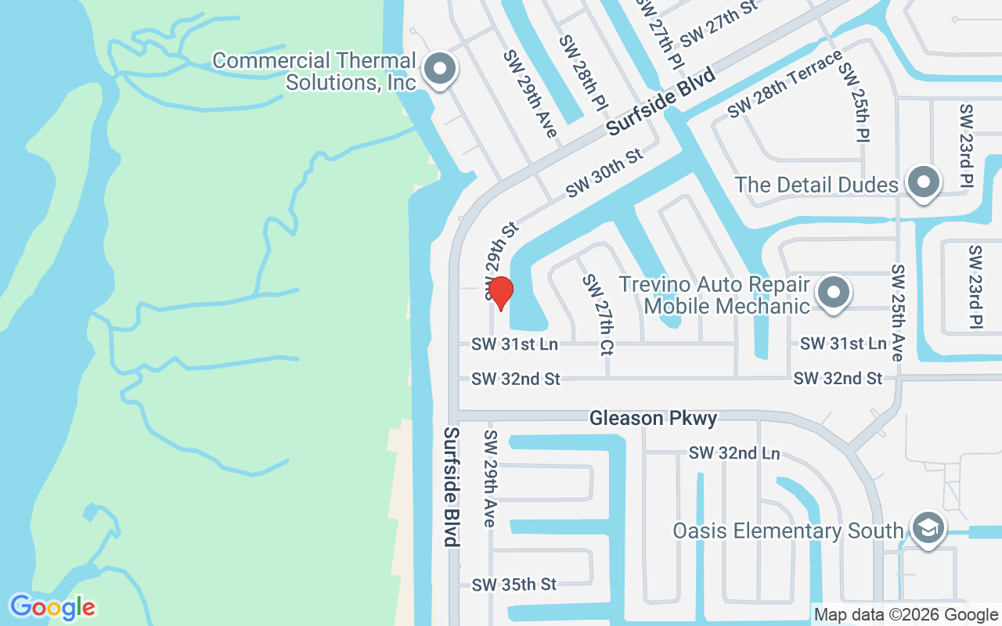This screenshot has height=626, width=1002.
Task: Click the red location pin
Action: pyautogui.click(x=500, y=293)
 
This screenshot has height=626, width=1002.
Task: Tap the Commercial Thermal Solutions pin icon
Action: pyautogui.click(x=440, y=70)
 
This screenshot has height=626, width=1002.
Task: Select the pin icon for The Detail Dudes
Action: pyautogui.click(x=924, y=182)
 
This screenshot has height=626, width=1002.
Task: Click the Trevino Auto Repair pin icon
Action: pyautogui.click(x=834, y=293)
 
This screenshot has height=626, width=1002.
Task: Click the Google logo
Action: pyautogui.click(x=52, y=607)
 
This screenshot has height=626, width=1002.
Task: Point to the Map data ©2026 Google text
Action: pyautogui.click(x=906, y=615)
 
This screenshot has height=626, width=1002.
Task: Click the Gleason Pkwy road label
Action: pyautogui.click(x=653, y=419)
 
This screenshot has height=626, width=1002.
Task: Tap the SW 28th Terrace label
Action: pyautogui.click(x=784, y=84)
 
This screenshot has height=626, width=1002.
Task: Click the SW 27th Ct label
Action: pyautogui.click(x=596, y=315)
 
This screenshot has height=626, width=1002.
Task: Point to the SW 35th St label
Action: pyautogui.click(x=514, y=585)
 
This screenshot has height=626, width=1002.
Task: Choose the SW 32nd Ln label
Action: pyautogui.click(x=734, y=453)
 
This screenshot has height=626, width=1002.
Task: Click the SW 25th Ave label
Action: pyautogui.click(x=897, y=312)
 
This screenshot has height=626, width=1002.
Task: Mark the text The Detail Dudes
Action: pyautogui.click(x=816, y=185)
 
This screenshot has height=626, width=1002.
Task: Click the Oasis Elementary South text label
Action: pyautogui.click(x=788, y=531)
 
